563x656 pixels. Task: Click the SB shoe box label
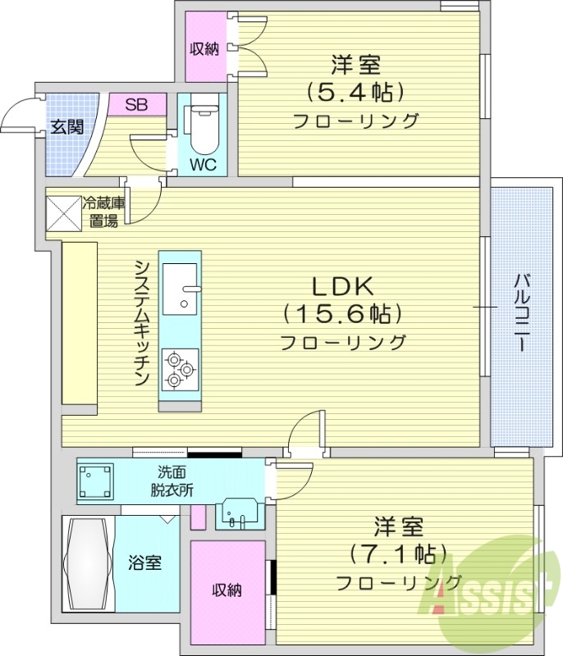[136, 104]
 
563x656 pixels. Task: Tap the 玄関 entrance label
[65, 128]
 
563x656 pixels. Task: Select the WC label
[203, 162]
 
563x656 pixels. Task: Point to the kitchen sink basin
[180, 288]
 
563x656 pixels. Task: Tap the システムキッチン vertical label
[141, 324]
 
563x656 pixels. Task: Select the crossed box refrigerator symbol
[62, 212]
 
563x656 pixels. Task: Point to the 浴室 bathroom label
[144, 564]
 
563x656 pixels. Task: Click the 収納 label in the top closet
[204, 48]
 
